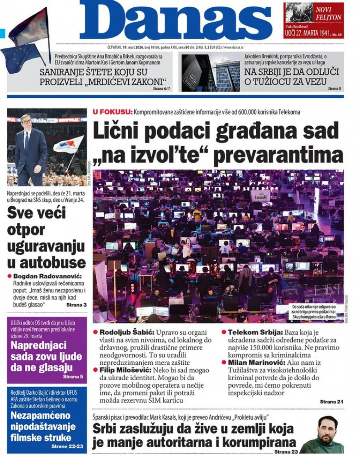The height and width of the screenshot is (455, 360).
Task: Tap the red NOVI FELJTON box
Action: point(313,20)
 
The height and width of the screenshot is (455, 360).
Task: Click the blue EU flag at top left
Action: point(19,58)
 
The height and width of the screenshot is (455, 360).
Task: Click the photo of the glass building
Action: point(211,73)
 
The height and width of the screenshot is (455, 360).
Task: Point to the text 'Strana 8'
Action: point(334,89)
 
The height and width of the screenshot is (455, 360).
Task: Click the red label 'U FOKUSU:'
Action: point(112,112)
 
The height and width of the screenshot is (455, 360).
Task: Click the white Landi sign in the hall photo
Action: point(260,197)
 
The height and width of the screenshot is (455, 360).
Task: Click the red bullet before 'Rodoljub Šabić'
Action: point(96,332)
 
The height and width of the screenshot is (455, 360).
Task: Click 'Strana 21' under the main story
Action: point(331,402)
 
